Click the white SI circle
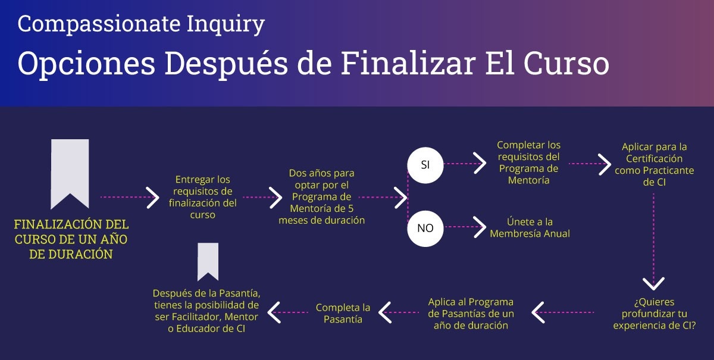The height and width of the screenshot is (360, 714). [425, 165]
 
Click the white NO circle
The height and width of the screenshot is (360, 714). [425, 228]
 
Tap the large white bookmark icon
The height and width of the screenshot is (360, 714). [70, 173]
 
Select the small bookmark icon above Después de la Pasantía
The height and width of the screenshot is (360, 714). [208, 261]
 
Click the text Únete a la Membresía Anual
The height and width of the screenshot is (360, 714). [530, 227]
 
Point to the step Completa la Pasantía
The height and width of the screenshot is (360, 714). [343, 313]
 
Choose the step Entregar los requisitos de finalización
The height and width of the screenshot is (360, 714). [202, 196]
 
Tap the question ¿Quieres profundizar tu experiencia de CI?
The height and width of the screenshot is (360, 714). [654, 314]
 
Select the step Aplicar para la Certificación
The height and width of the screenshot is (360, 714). [654, 164]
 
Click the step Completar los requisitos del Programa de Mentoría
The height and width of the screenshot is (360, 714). [528, 162]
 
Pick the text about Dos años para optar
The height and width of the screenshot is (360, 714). [321, 196]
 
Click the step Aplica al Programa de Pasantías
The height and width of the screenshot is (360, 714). [471, 313]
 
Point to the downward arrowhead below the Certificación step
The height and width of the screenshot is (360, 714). [654, 283]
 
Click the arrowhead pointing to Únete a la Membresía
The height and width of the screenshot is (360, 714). [480, 227]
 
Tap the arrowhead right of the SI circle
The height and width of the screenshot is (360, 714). [480, 162]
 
